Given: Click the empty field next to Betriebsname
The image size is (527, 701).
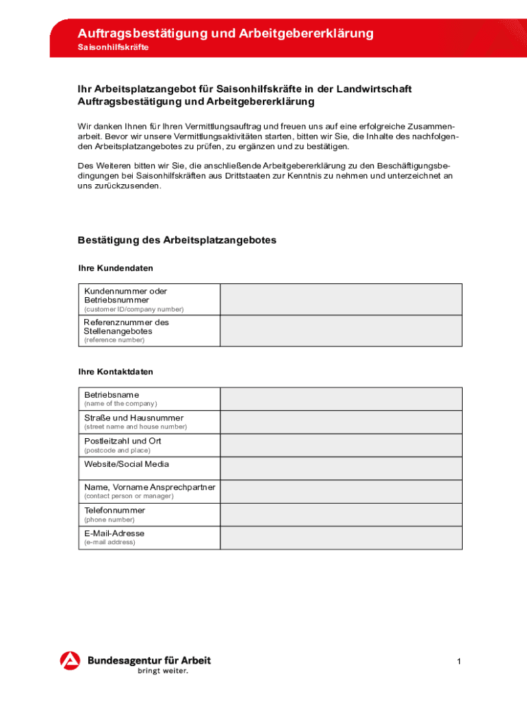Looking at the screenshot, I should click(341, 398).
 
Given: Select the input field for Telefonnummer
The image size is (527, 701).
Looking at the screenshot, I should click(341, 514).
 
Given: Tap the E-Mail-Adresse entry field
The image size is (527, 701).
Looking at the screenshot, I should click(341, 537).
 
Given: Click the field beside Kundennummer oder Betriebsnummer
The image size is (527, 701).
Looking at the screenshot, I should click(341, 299).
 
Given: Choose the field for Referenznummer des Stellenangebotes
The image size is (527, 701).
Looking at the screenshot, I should click(341, 331).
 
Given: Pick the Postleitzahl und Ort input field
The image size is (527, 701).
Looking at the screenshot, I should click(341, 445).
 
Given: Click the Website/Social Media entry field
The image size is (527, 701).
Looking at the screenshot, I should click(341, 468).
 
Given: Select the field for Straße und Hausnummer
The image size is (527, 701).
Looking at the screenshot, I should click(341, 422).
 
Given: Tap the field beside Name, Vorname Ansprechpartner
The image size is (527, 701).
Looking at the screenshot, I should click(341, 491).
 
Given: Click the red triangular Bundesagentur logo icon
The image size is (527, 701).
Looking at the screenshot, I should click(70, 661).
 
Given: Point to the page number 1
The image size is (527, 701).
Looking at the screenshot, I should click(459, 661).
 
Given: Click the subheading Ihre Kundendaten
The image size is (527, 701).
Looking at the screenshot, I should click(116, 268).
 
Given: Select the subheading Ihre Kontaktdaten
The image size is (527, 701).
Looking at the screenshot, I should click(116, 372).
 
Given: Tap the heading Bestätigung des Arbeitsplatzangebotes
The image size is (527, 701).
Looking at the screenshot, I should click(177, 240).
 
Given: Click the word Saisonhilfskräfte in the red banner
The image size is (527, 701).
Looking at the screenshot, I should click(113, 48).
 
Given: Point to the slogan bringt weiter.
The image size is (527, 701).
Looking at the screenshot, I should click(163, 672).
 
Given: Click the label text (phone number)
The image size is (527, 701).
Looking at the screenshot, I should click(110, 520).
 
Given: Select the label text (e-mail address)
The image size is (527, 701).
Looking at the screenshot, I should click(110, 542).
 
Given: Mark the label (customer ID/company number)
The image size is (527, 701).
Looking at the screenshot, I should click(133, 309).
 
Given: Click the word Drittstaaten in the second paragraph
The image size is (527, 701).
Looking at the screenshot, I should click(257, 176).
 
